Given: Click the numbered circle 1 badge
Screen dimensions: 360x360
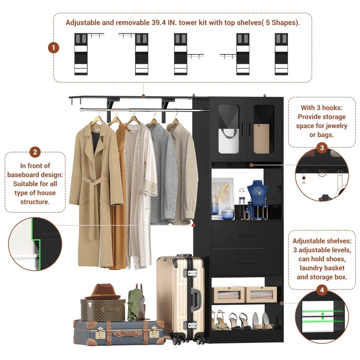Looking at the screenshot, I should click(53, 48).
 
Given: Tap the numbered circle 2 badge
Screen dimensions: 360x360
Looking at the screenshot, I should click(35, 152).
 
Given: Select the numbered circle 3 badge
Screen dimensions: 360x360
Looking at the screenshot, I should click(322, 148).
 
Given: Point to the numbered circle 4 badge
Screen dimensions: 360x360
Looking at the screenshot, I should click(322, 290).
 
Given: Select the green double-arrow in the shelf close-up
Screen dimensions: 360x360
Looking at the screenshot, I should click(322, 316).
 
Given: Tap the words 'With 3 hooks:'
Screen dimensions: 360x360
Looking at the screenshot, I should click(322, 108).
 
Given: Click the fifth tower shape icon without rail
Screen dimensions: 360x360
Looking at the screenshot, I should click(281, 54).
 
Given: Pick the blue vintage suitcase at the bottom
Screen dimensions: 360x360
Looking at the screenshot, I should click(118, 332).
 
